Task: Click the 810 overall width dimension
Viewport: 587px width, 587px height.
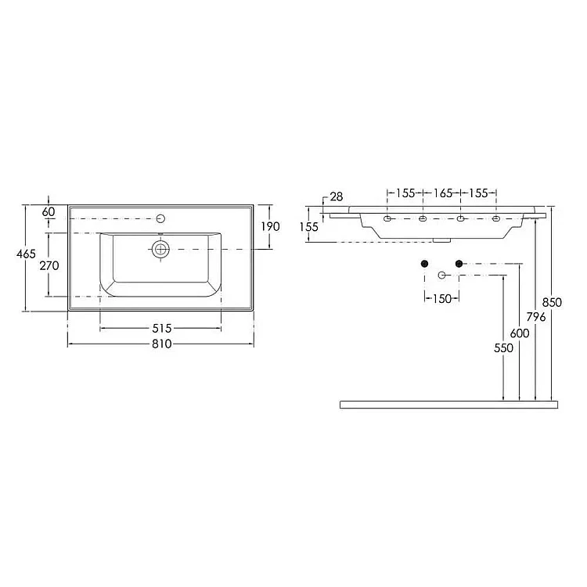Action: (162, 344)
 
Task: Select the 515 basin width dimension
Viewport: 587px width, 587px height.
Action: (162, 328)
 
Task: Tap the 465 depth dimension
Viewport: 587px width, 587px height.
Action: (26, 254)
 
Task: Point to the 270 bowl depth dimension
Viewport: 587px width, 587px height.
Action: (49, 266)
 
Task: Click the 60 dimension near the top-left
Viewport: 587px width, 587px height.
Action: (49, 212)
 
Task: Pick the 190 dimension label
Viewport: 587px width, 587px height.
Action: (270, 226)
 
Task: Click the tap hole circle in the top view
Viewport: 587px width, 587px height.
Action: (160, 218)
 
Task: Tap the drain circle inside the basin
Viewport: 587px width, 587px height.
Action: (160, 249)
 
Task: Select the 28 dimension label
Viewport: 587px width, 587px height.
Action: (337, 197)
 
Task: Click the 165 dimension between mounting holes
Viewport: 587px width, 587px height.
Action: (442, 193)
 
